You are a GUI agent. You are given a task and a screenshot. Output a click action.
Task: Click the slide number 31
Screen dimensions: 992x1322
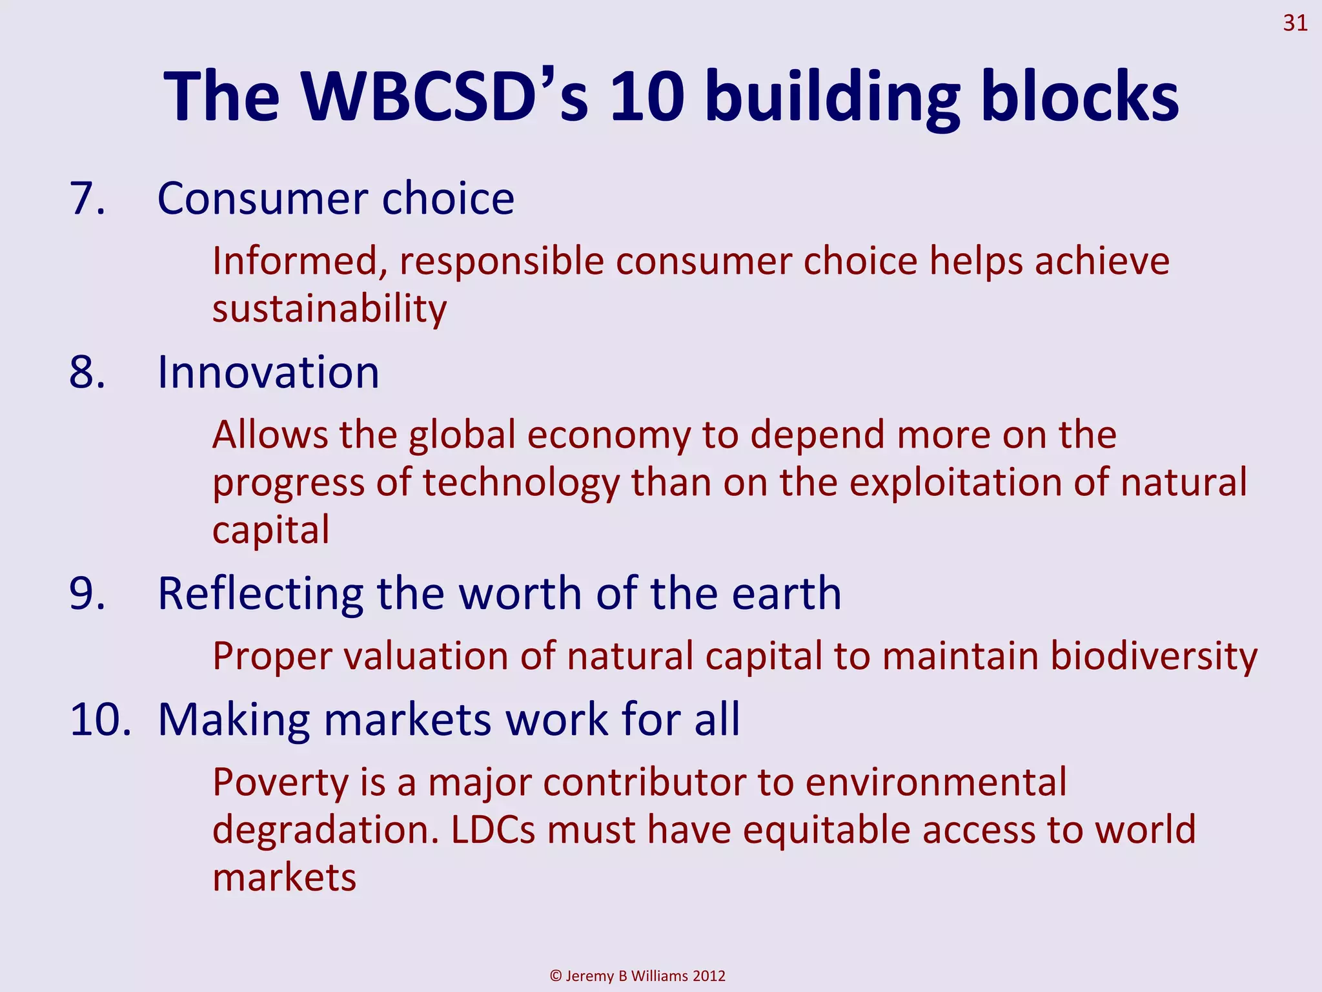click(1295, 23)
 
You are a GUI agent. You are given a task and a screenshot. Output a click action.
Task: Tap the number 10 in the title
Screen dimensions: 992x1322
click(647, 97)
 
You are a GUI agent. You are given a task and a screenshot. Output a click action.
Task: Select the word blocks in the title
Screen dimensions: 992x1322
click(1079, 97)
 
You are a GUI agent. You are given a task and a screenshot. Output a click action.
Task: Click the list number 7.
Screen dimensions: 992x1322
click(87, 198)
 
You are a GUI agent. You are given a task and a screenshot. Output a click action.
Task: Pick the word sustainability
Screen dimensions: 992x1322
click(329, 309)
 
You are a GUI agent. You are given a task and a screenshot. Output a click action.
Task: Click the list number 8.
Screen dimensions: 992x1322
click(87, 373)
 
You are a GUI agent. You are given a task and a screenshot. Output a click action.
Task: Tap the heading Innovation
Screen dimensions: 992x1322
click(269, 373)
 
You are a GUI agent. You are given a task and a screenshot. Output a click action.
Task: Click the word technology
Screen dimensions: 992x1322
click(521, 483)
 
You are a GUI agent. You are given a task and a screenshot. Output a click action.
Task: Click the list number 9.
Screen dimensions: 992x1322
click(87, 594)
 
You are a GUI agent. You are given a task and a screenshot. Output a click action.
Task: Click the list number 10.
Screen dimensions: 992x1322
click(100, 719)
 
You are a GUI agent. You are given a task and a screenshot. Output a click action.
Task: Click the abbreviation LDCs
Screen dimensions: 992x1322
click(493, 830)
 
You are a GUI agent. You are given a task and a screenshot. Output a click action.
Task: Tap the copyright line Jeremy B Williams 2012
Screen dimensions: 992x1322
click(638, 976)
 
